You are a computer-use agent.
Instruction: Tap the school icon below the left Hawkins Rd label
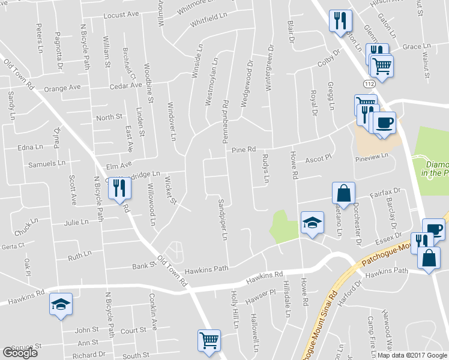click(x=61, y=304)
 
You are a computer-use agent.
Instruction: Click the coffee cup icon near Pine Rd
click(x=385, y=123)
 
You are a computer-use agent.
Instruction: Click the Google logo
click(x=20, y=353)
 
